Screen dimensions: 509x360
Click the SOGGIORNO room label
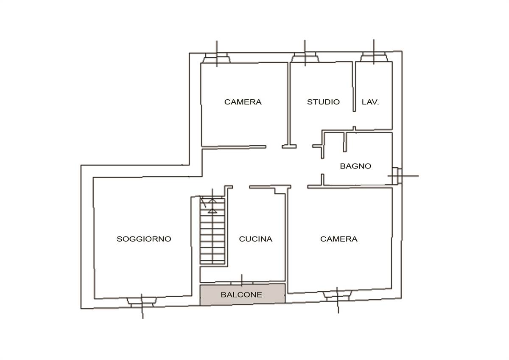coord(144,239)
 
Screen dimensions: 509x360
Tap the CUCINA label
coord(255,239)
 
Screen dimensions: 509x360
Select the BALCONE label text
coord(241,295)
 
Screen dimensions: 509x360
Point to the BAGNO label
coord(355,166)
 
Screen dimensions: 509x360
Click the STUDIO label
coord(323,101)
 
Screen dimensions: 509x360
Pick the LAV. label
coord(370,102)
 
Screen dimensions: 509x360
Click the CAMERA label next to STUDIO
coord(243,101)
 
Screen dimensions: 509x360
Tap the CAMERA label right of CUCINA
coord(338,239)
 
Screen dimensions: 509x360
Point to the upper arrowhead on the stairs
coord(212,201)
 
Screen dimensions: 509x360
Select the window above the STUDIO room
coord(305,57)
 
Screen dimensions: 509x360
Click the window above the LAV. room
coord(374,56)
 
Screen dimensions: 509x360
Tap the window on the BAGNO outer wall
coord(397,176)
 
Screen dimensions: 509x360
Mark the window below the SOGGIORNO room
coord(142,302)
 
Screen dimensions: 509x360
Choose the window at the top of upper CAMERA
coord(217,58)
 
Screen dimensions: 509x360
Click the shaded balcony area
coord(243,294)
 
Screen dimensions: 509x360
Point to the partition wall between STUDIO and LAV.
coord(354,87)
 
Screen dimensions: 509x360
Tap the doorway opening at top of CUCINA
coord(241,187)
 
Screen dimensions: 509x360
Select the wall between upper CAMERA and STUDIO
coord(289,104)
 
